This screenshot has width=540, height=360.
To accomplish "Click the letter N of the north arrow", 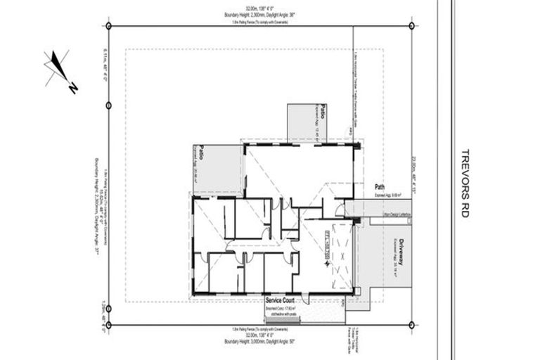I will (x=72, y=88).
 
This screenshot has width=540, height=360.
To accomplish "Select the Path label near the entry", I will (x=380, y=188).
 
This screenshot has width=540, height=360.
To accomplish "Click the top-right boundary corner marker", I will (x=411, y=26).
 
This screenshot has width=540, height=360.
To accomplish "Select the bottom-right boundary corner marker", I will (x=411, y=325).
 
